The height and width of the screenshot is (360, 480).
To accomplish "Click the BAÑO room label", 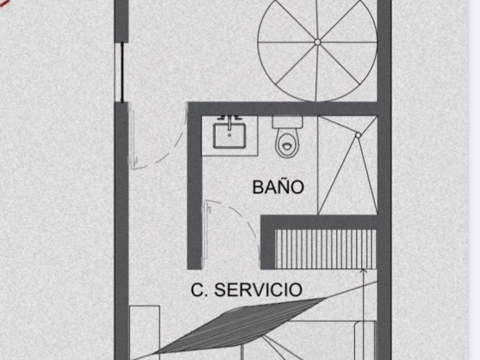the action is pyautogui.click(x=278, y=186).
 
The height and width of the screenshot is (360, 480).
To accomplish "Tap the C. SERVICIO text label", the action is pyautogui.click(x=246, y=290).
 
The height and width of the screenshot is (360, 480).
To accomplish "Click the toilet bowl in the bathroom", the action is pyautogui.click(x=287, y=143).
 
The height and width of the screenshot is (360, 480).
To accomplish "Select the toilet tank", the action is pyautogui.click(x=287, y=122).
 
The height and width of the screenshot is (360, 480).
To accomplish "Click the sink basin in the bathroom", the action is pyautogui.click(x=229, y=136).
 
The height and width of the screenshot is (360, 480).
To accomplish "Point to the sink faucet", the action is pyautogui.click(x=229, y=119).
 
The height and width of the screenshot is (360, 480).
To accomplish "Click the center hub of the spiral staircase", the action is pyautogui.click(x=318, y=42).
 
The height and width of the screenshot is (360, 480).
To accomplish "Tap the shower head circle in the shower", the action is pyautogui.click(x=358, y=135).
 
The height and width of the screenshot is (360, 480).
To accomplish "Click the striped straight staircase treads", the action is pyautogui.click(x=326, y=249).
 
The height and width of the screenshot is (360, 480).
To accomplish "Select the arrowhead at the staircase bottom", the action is pyautogui.click(x=363, y=271).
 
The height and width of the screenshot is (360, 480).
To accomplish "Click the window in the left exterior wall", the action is pyautogui.click(x=122, y=73).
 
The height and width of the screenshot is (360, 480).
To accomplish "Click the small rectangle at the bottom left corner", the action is pyautogui.click(x=145, y=333).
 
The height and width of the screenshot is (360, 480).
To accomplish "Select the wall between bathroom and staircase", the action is pyautogui.click(x=318, y=222).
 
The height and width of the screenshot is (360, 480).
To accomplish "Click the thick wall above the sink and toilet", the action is pyautogui.click(x=282, y=109).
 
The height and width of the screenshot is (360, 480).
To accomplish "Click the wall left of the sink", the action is pyautogui.click(x=194, y=186).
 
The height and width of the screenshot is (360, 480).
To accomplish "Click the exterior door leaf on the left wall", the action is pyautogui.click(x=133, y=135).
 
